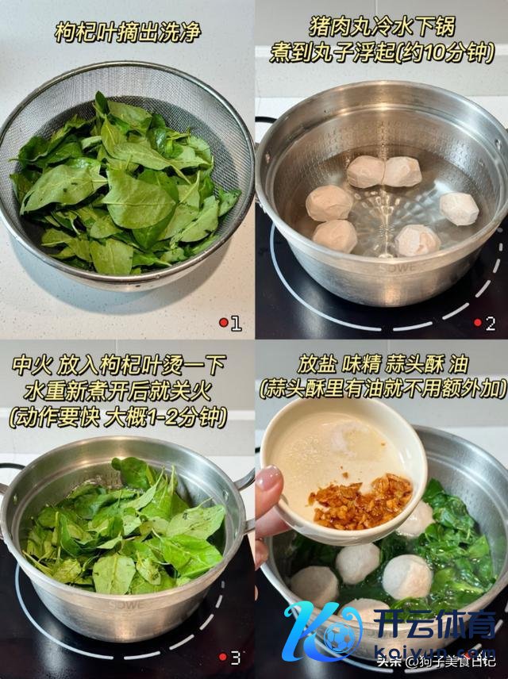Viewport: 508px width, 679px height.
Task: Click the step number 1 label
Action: pyautogui.click(x=236, y=323)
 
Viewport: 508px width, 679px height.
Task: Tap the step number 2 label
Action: pyautogui.click(x=491, y=324)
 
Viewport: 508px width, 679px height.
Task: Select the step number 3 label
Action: pyautogui.click(x=235, y=658)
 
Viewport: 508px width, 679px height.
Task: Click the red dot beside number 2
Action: pyautogui.click(x=478, y=323)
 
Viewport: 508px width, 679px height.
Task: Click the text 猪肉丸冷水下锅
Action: pyautogui.click(x=382, y=27)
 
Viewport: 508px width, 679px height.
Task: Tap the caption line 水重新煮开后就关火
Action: pyautogui.click(x=118, y=391)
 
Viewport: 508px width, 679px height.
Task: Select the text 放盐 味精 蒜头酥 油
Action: pyautogui.click(x=383, y=364)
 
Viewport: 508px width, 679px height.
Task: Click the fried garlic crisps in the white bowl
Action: pyautogui.click(x=360, y=501)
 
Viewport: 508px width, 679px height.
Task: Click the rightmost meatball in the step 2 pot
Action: pyautogui.click(x=459, y=209)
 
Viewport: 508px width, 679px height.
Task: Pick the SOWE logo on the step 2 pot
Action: pyautogui.click(x=398, y=267)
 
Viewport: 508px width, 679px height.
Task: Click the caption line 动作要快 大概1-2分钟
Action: pyautogui.click(x=118, y=418)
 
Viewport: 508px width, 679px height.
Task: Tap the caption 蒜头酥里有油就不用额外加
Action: pyautogui.click(x=383, y=389)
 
